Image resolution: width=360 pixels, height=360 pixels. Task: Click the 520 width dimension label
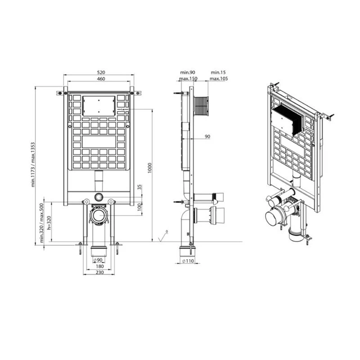[101, 72]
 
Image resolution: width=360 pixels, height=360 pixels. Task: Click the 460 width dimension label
[101, 79]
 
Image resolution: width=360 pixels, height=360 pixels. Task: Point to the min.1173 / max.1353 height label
[33, 165]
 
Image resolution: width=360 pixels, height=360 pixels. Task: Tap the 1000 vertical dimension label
[150, 168]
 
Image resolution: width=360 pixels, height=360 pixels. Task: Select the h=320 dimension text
[49, 223]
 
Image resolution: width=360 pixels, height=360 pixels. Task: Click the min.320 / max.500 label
[41, 223]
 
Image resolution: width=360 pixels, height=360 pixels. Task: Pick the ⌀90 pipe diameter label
[98, 260]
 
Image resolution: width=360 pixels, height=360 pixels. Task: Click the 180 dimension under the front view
[99, 266]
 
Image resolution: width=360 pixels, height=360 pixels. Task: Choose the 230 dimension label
[99, 273]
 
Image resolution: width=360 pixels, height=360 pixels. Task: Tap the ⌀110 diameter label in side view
[188, 261]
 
